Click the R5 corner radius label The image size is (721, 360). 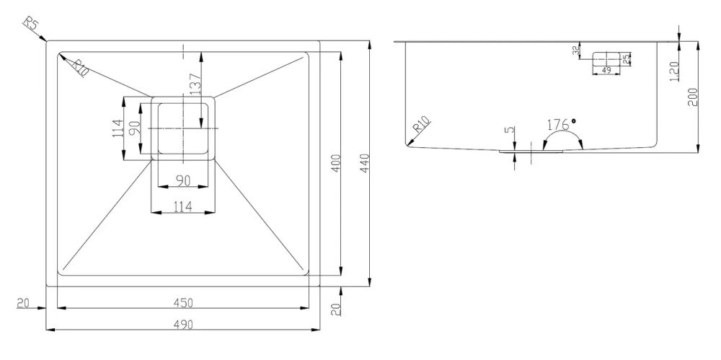click(30, 24)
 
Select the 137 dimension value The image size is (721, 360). click(195, 84)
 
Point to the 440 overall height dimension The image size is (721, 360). click(365, 163)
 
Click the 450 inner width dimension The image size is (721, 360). click(183, 302)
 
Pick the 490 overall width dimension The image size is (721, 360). click(183, 324)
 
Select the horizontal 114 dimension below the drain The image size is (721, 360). click(183, 207)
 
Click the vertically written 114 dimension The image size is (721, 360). click(118, 128)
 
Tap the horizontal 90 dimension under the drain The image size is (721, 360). click(183, 181)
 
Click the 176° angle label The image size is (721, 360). click(561, 124)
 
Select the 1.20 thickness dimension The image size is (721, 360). click(674, 71)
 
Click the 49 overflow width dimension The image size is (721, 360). click(606, 71)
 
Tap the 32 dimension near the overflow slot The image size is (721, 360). click(575, 51)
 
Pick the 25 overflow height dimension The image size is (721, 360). click(627, 58)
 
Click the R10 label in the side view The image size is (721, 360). click(421, 125)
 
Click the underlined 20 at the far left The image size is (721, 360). click(22, 303)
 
